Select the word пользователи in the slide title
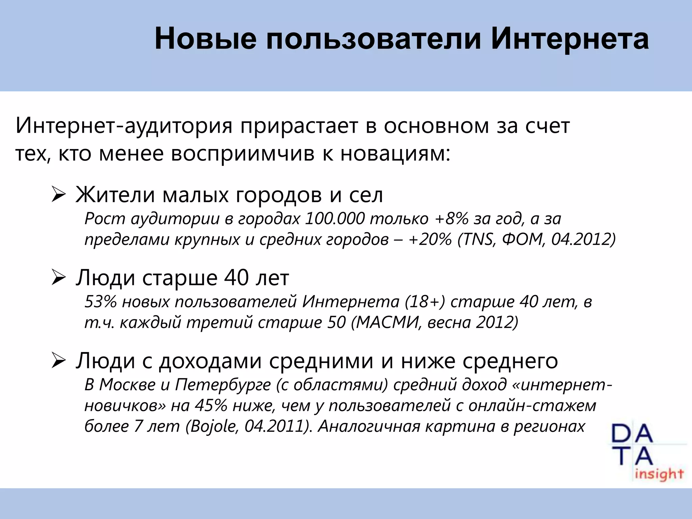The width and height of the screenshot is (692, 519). (373, 40)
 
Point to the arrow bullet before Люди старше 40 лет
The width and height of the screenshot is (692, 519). (58, 278)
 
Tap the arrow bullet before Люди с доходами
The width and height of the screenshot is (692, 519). (58, 361)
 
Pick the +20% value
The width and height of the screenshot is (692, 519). (430, 240)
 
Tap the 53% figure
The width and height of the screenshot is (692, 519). (101, 302)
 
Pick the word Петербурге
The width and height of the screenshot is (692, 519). (223, 385)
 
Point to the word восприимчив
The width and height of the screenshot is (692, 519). (243, 154)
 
